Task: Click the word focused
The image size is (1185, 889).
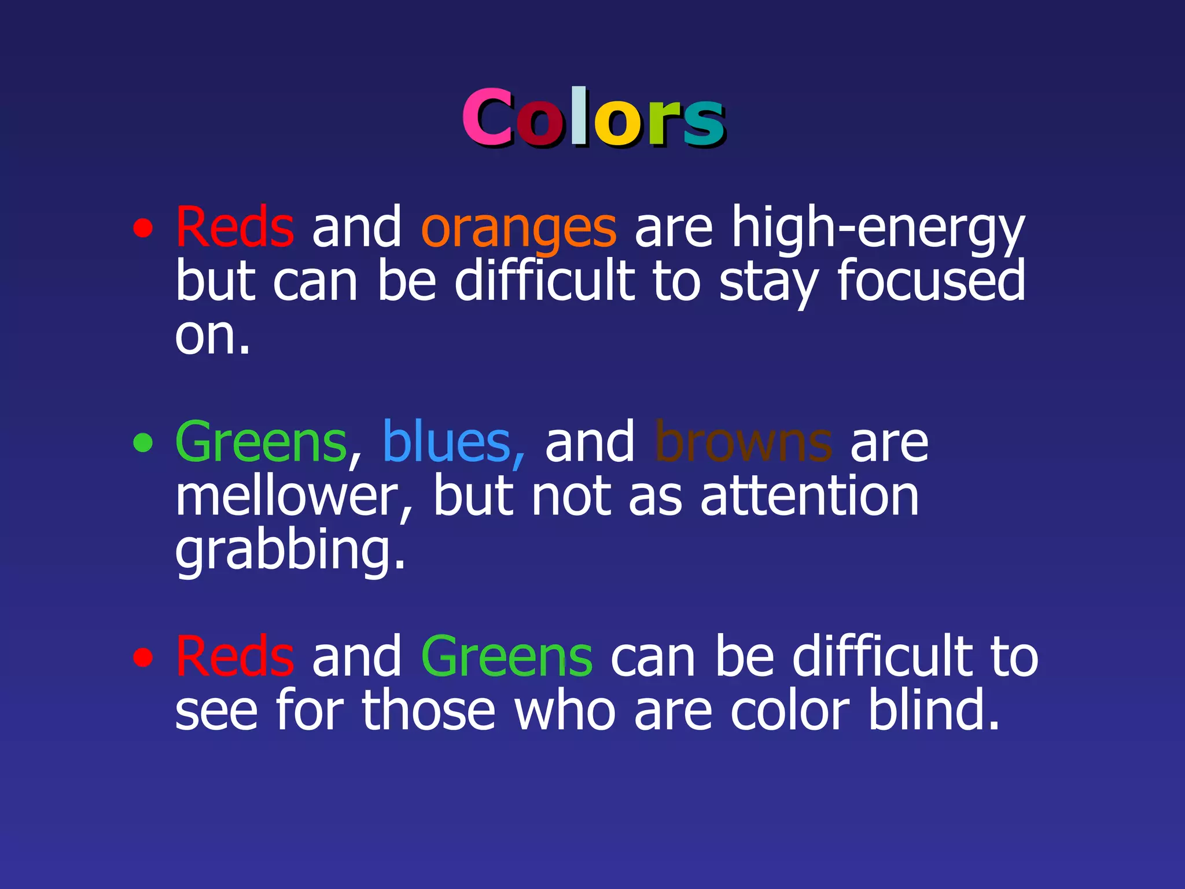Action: coord(931,281)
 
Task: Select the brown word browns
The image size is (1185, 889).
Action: coord(743,442)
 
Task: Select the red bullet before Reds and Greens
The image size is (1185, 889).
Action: coord(143,657)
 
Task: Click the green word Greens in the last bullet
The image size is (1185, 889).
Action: coord(506,656)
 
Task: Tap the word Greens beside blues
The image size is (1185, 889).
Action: coord(261,442)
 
